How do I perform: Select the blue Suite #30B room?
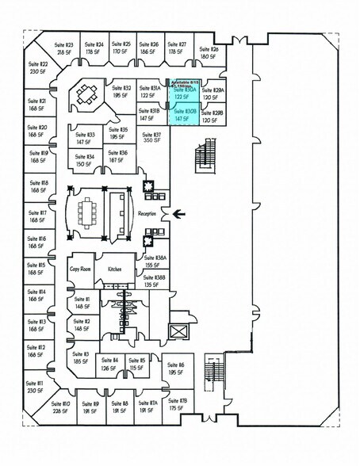pyautogui.click(x=183, y=115)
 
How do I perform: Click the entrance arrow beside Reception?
pyautogui.click(x=178, y=212)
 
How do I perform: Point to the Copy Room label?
pyautogui.click(x=81, y=269)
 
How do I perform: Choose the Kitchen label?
pyautogui.click(x=116, y=269)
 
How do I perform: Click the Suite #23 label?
pyautogui.click(x=63, y=45)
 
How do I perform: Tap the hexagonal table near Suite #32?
pyautogui.click(x=86, y=96)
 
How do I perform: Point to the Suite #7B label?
pyautogui.click(x=177, y=402)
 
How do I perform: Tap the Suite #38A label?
pyautogui.click(x=155, y=258)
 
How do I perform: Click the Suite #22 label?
pyautogui.click(x=38, y=64)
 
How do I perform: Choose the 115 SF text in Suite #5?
pyautogui.click(x=136, y=368)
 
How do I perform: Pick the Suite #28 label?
pyautogui.click(x=209, y=49)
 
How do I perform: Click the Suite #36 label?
pyautogui.click(x=117, y=152)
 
